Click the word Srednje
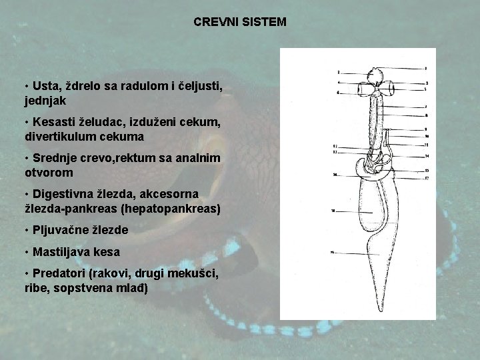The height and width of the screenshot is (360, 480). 55,158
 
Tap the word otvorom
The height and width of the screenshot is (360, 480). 49,172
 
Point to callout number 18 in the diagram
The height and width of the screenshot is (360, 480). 332,211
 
